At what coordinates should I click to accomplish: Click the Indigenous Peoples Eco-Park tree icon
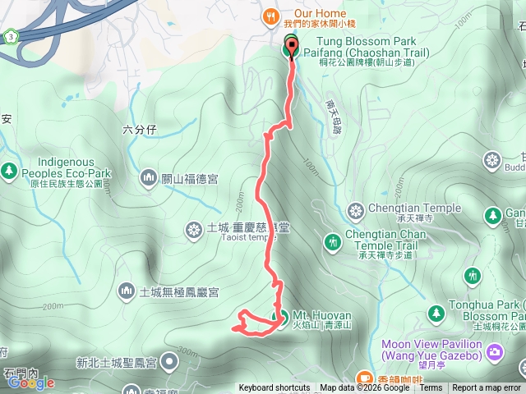(x=9, y=171)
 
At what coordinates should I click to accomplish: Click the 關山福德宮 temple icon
(x=149, y=176)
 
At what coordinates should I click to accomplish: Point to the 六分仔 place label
(x=139, y=129)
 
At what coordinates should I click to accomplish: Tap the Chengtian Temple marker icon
(x=356, y=212)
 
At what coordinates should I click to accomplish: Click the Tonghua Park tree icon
(x=436, y=312)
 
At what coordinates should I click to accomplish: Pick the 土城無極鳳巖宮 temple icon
(x=126, y=291)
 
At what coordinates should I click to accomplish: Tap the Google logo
(x=31, y=383)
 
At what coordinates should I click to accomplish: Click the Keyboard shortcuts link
(x=275, y=388)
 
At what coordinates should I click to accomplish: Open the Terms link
(x=431, y=388)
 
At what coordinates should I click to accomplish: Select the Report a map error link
(x=487, y=388)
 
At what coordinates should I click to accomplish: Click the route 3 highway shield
(x=10, y=37)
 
